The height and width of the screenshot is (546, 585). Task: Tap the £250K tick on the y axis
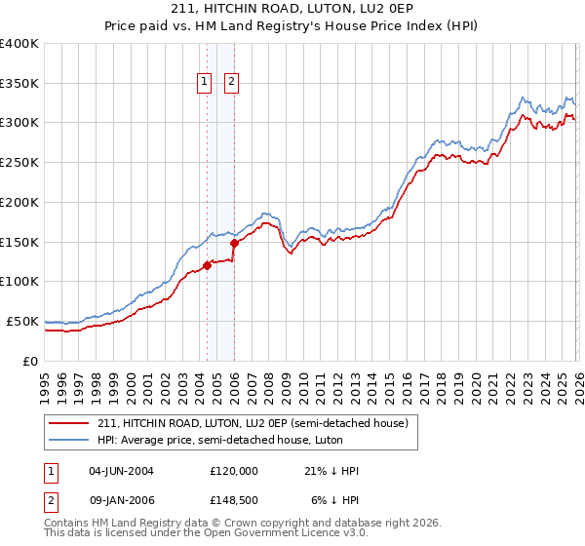(19, 162)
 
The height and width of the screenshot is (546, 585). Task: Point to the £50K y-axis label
(22, 321)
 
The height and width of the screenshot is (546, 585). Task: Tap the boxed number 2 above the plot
(231, 83)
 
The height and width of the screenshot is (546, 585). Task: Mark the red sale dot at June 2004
(207, 265)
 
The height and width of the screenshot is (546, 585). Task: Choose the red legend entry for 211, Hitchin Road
(257, 422)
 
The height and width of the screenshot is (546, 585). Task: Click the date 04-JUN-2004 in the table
(121, 471)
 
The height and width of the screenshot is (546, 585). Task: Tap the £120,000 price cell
(234, 471)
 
